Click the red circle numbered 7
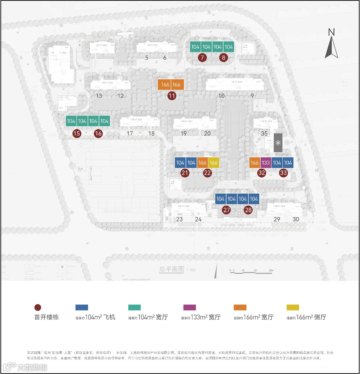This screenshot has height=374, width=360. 203,58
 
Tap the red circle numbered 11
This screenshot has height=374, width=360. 172,96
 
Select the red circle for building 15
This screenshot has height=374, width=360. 77,133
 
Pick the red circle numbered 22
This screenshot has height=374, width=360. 207,173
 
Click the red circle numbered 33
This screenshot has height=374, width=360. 283,173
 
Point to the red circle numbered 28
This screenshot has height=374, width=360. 248,210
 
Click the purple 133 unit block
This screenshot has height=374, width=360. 266,163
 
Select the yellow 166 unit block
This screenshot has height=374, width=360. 213,163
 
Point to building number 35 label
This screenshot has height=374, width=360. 264,133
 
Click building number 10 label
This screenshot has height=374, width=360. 221,96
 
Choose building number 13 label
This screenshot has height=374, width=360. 99,96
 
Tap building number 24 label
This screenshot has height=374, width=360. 198,219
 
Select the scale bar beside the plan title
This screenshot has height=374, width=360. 252,271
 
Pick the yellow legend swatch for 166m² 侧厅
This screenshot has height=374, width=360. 293,307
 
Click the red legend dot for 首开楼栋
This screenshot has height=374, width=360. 38,307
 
